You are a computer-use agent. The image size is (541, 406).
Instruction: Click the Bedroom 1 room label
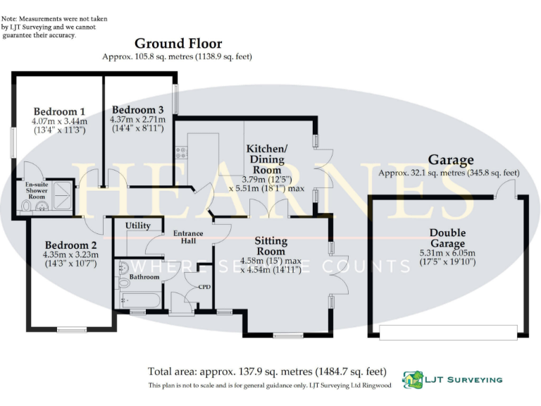60,111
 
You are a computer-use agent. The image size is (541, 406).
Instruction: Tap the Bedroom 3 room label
137,111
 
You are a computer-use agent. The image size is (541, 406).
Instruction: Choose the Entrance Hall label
188,238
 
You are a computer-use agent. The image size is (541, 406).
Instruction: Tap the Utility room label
138,226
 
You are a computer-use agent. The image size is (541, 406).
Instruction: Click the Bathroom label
144,277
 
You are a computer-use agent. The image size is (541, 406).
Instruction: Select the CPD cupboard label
204,287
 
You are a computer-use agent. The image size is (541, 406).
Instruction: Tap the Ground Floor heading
178,44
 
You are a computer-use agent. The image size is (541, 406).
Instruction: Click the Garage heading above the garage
451,160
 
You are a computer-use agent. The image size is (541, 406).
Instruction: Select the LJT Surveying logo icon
412,379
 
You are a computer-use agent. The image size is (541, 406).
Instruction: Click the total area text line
267,371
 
